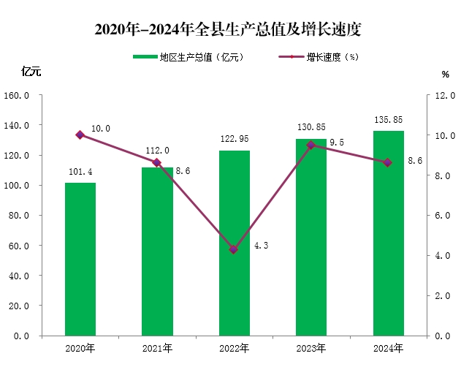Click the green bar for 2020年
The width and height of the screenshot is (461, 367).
point(80,259)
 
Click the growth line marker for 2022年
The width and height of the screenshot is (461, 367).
point(234,249)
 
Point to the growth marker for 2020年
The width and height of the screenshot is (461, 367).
point(80,135)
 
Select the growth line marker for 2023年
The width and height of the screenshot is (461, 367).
point(311,145)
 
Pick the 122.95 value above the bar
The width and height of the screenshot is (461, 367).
point(234,138)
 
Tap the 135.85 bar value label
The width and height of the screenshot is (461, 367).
point(388,119)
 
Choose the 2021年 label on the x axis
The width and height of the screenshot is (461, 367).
point(157,348)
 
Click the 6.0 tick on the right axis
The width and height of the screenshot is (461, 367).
point(443,216)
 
